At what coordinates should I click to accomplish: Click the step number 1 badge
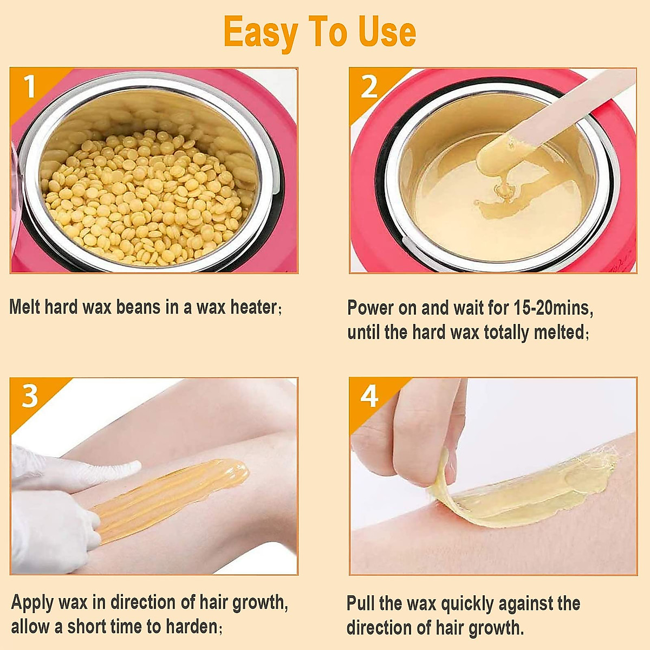click(29, 86)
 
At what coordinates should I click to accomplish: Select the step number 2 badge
click(369, 87)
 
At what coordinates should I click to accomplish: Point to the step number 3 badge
click(29, 396)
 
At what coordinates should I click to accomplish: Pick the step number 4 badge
click(369, 396)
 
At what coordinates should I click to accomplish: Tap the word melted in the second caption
click(559, 332)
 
